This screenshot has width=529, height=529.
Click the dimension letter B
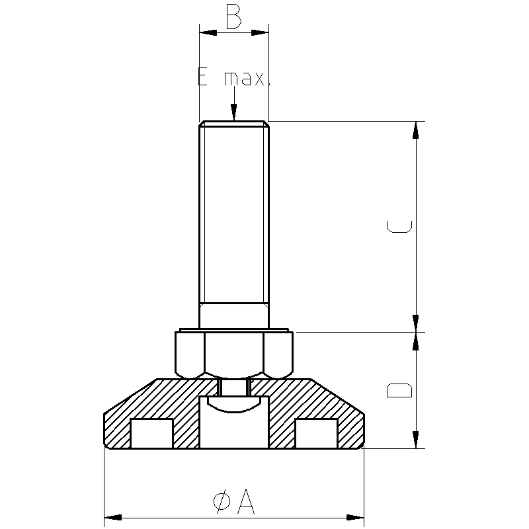point(234,17)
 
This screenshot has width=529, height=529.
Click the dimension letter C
point(399,227)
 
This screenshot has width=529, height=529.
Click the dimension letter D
point(399,390)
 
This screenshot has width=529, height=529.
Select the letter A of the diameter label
point(246,501)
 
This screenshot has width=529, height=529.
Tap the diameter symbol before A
point(222,502)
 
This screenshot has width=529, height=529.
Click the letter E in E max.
point(202,77)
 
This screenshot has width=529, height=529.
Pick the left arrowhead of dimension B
point(208,32)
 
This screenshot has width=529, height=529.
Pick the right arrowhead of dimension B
point(260,32)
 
